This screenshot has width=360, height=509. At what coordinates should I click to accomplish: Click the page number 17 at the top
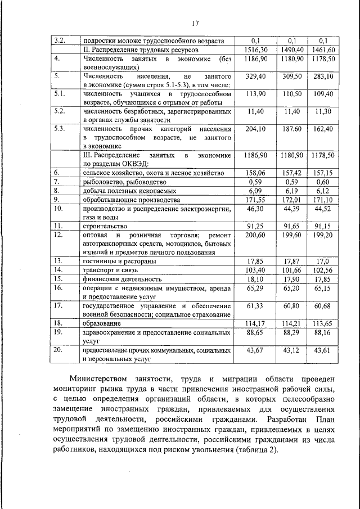[x=195, y=23]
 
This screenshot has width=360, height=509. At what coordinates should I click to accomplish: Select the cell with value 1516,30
[x=256, y=49]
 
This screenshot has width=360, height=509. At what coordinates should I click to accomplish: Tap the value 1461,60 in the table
[x=323, y=49]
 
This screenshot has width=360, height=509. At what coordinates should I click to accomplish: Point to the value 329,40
[x=256, y=75]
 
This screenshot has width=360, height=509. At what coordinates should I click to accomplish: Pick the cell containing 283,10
[x=323, y=75]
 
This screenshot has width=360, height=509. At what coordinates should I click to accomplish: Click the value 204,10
[x=256, y=129]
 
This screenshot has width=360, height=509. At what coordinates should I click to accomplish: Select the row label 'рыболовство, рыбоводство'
[x=124, y=182]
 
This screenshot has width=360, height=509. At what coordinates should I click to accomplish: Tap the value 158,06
[x=256, y=173]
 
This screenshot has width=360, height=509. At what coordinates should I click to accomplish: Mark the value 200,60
[x=256, y=235]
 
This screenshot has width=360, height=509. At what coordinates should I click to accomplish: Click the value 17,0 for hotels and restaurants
[x=323, y=261]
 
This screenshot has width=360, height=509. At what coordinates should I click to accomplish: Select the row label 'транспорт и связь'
[x=110, y=270]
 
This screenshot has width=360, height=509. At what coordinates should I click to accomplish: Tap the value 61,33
[x=256, y=305]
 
